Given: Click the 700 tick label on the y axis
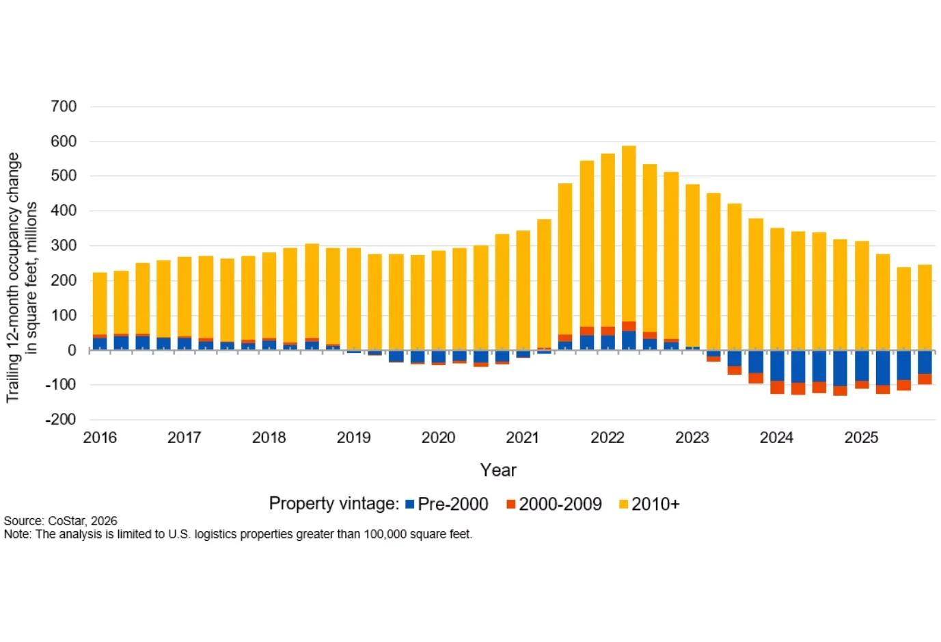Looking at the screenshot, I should pyautogui.click(x=64, y=107).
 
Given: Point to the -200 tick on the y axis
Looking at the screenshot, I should pyautogui.click(x=61, y=420).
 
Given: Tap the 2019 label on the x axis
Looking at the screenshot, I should pyautogui.click(x=353, y=438).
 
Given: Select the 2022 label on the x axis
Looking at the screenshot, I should pyautogui.click(x=608, y=438).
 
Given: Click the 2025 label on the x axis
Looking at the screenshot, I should pyautogui.click(x=861, y=438).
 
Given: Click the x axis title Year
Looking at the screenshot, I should pyautogui.click(x=498, y=470).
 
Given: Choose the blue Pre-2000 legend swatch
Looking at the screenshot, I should pyautogui.click(x=410, y=505).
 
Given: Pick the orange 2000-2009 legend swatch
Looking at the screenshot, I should pyautogui.click(x=510, y=505).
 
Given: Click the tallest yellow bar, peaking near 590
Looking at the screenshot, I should pyautogui.click(x=629, y=232).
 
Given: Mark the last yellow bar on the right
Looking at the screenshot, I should pyautogui.click(x=925, y=308).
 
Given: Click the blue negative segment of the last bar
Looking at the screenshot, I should pyautogui.click(x=925, y=362).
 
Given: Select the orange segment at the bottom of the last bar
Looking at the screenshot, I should pyautogui.click(x=925, y=379).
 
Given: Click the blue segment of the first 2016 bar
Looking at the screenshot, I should pyautogui.click(x=100, y=344).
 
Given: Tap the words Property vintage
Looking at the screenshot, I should pyautogui.click(x=333, y=504).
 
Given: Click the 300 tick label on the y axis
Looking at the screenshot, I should pyautogui.click(x=64, y=245).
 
